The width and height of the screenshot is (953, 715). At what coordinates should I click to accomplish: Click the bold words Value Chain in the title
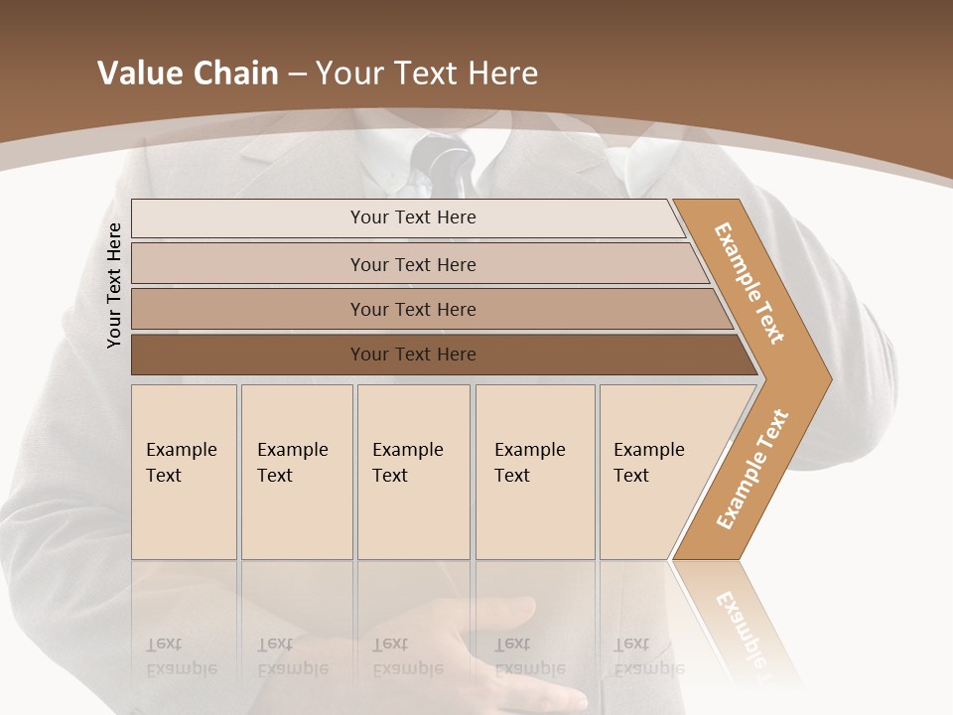click(x=188, y=73)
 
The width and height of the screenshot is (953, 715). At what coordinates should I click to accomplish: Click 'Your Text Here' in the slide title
click(x=427, y=73)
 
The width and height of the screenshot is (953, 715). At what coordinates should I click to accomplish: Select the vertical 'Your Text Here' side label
click(x=114, y=285)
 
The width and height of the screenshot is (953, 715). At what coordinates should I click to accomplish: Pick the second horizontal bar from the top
click(x=413, y=264)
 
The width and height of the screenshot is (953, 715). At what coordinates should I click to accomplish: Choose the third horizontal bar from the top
click(x=413, y=309)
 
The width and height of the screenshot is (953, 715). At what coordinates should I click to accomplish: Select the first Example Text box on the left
click(x=184, y=472)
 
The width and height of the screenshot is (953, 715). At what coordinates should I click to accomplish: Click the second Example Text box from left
click(x=296, y=472)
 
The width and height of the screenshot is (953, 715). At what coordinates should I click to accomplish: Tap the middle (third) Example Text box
click(x=413, y=472)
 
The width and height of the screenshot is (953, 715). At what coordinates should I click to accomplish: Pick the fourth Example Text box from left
click(x=534, y=472)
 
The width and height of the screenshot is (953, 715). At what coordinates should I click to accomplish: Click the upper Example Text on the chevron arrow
click(x=749, y=283)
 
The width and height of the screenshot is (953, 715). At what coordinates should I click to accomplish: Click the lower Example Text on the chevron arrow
click(x=752, y=469)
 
